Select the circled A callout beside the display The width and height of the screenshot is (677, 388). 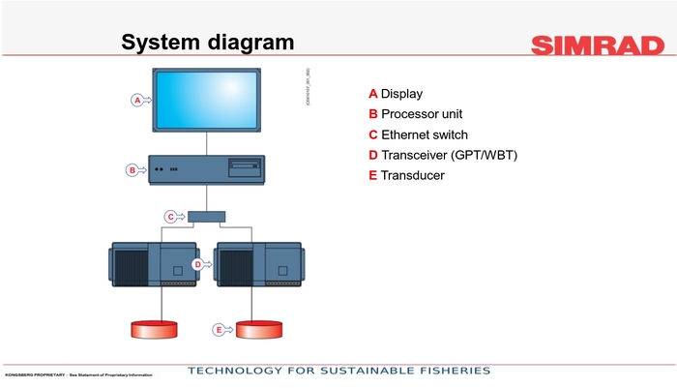[137, 100]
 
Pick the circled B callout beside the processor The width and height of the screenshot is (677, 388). [132, 170]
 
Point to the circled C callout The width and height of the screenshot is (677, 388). [170, 217]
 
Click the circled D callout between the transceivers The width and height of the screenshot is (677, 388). [197, 263]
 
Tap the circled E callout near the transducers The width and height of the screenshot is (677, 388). [219, 330]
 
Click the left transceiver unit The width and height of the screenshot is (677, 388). [155, 263]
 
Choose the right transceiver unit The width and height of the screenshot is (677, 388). [261, 263]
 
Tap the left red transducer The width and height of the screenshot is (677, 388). [155, 329]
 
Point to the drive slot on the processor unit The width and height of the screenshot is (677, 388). [244, 166]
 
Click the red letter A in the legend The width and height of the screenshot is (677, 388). [372, 94]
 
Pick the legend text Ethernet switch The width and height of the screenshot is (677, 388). [424, 134]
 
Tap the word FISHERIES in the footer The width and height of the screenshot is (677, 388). [448, 372]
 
